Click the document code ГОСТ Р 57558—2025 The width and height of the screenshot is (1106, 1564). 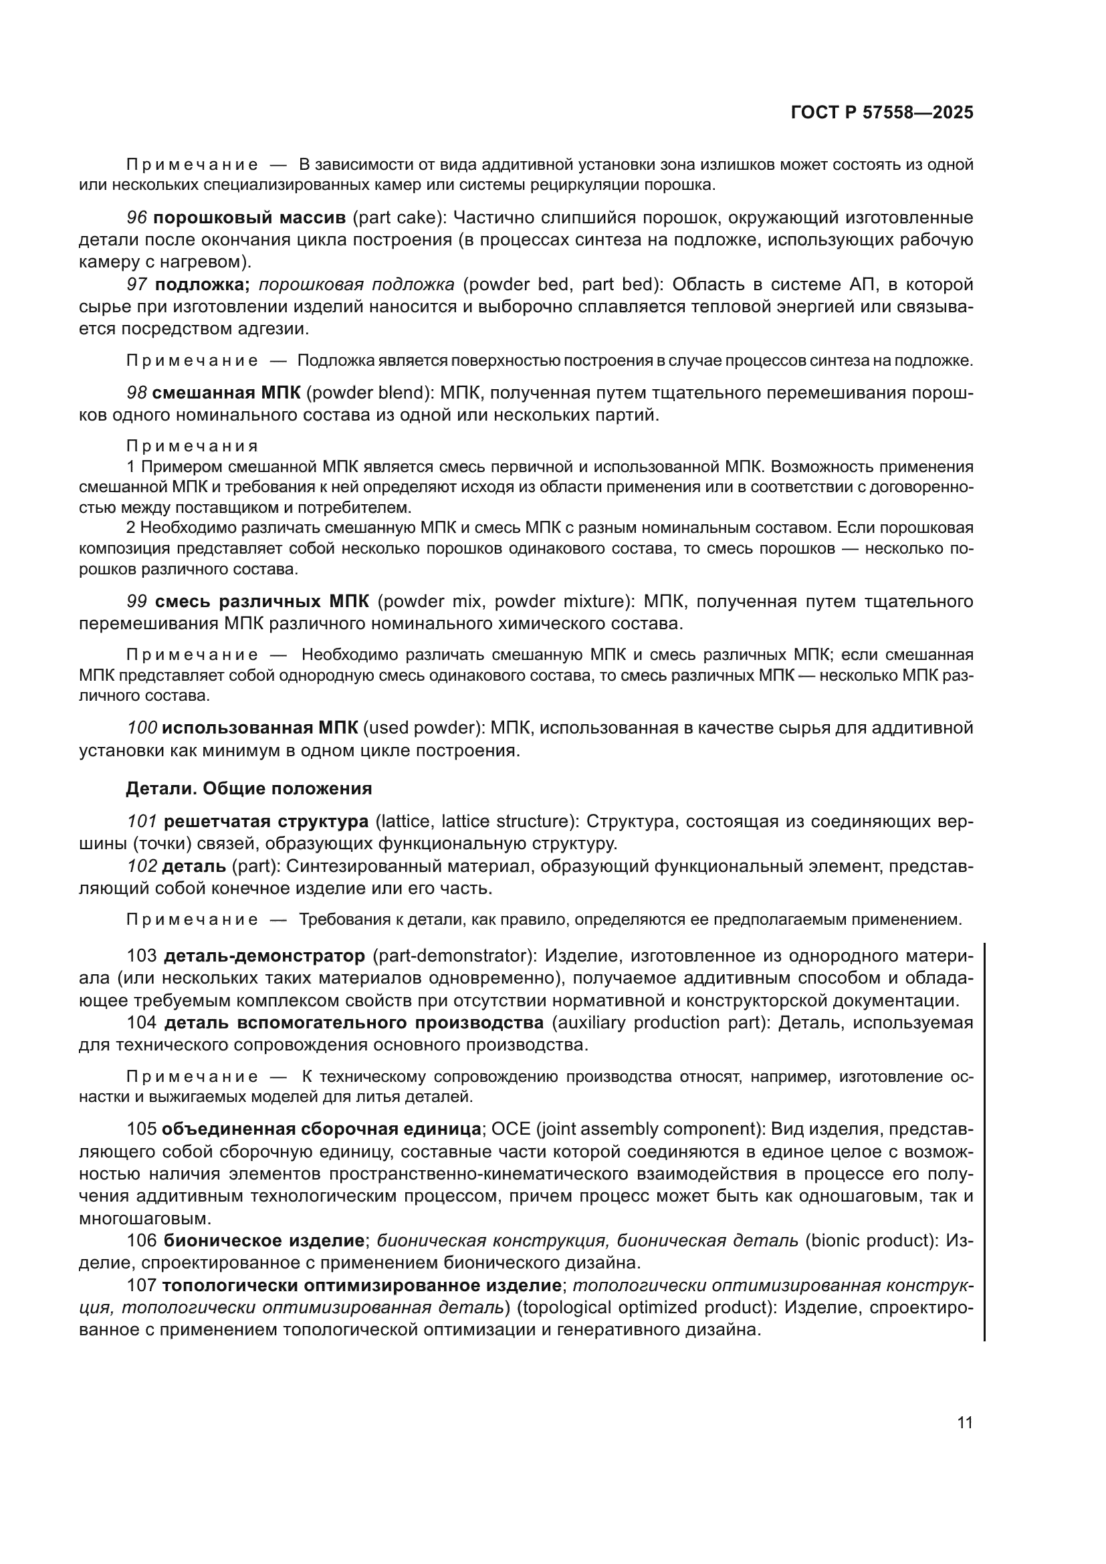pos(882,113)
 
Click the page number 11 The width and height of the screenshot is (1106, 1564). pos(964,1423)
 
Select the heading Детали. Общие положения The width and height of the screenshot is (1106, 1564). pos(249,788)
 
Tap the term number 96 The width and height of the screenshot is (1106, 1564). pos(137,218)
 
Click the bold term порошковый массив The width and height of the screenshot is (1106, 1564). pos(249,218)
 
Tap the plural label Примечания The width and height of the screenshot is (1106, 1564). pos(192,446)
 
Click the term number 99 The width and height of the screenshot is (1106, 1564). pos(137,602)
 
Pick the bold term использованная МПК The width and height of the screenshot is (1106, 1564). pos(259,728)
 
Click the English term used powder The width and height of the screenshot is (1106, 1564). pos(421,728)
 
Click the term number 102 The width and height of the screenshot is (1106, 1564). pos(142,867)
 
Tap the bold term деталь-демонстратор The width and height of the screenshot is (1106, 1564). pos(264,956)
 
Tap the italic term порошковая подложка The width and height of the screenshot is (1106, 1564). pos(356,284)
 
